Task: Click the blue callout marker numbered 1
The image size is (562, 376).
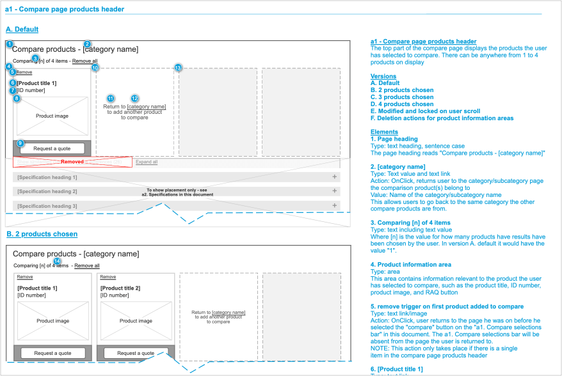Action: click(x=10, y=44)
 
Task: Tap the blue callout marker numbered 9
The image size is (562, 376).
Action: click(x=20, y=143)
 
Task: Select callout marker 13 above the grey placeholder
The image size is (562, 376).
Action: click(x=179, y=68)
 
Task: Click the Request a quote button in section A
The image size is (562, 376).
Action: click(x=52, y=148)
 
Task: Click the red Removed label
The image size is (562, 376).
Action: click(x=72, y=162)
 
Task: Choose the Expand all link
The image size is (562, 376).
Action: click(x=147, y=162)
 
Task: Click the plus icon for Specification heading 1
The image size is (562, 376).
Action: click(x=334, y=176)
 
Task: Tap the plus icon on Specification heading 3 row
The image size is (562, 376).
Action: click(x=334, y=205)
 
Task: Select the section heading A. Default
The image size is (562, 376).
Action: click(x=22, y=29)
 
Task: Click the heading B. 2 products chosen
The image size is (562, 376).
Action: click(x=42, y=234)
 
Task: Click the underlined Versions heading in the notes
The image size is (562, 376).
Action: click(x=383, y=76)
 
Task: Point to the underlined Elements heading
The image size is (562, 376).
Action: click(x=384, y=132)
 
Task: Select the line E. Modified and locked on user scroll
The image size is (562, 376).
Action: click(x=425, y=111)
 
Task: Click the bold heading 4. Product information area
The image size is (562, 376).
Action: click(x=411, y=264)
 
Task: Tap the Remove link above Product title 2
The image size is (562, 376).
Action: click(x=108, y=277)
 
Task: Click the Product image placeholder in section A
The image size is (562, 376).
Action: click(x=52, y=116)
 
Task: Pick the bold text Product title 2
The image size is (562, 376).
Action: click(x=120, y=288)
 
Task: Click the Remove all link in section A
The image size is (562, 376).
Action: click(x=85, y=61)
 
